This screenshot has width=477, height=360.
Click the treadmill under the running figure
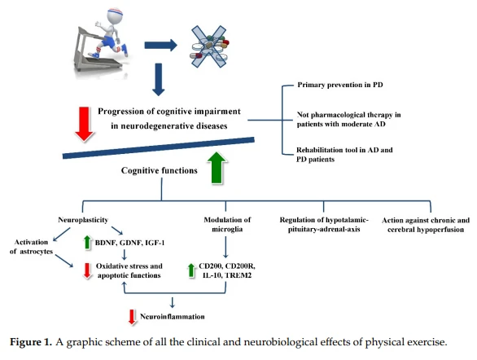91,52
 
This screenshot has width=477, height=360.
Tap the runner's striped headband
116,13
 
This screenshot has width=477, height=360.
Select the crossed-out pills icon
209,46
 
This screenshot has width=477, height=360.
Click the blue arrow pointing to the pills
160,46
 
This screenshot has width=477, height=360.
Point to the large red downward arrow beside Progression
85,124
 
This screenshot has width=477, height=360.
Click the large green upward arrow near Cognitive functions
217,168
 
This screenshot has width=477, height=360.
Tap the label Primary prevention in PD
339,85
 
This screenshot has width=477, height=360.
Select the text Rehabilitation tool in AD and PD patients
344,155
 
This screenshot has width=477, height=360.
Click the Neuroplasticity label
83,220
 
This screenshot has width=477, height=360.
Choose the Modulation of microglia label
227,224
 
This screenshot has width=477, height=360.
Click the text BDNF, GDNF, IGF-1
129,243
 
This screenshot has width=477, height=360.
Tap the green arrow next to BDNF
88,243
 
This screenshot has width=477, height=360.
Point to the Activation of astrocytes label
31,247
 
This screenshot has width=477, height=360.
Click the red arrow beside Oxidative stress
87,270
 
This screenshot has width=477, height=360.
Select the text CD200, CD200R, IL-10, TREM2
227,270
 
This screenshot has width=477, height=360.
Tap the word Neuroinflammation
173,317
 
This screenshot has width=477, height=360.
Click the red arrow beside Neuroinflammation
132,317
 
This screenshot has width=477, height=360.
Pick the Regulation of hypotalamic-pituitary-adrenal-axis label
324,224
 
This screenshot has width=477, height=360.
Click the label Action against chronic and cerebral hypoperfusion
426,225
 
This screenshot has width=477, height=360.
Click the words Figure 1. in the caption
31,342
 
